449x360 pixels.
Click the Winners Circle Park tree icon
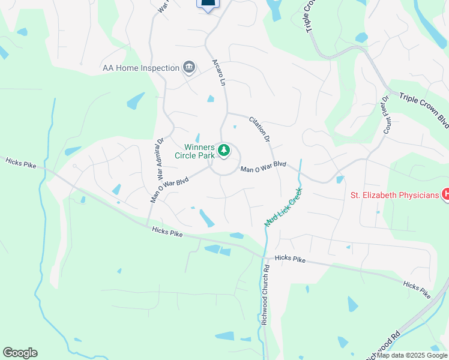click(x=224, y=150)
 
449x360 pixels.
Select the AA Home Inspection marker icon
click(x=189, y=67)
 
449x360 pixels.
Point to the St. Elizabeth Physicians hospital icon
click(x=445, y=194)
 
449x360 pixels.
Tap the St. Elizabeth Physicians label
click(x=394, y=194)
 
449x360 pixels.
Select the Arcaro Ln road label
click(x=218, y=72)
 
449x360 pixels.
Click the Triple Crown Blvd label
click(x=424, y=110)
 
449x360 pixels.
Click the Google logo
click(x=20, y=353)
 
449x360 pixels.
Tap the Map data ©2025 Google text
click(x=412, y=355)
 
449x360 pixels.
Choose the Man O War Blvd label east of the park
click(x=263, y=167)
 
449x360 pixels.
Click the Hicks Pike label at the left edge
click(x=20, y=162)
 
